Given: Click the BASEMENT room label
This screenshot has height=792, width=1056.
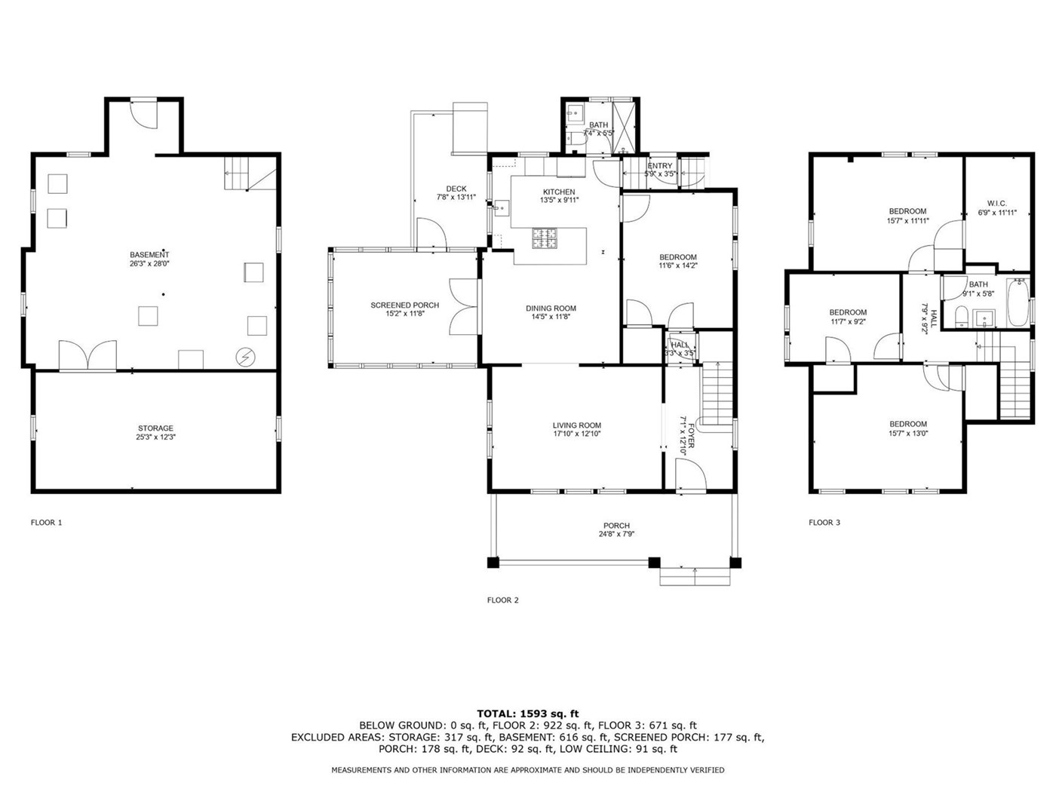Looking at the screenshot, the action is pos(149,254).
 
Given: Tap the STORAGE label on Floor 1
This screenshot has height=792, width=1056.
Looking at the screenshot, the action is pos(155,428).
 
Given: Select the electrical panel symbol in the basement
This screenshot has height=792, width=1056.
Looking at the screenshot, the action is pos(245,357).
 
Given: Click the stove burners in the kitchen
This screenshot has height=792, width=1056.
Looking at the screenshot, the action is pos(544,238).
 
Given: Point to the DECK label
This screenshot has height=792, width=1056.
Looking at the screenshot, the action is pos(456,189).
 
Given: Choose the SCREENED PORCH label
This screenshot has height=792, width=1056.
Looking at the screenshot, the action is pos(404,305).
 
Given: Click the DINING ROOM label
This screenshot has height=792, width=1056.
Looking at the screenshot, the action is pos(551,309).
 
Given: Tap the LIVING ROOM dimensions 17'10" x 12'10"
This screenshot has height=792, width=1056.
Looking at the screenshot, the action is pos(577,433).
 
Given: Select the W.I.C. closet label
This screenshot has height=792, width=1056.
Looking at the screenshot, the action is pos(997,204).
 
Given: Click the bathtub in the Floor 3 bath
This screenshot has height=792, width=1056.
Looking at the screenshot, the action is pos(1018,302).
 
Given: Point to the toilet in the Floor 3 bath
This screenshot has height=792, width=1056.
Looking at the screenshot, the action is pos(961,316).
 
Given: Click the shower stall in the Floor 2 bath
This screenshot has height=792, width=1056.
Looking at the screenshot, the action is pos(625,127).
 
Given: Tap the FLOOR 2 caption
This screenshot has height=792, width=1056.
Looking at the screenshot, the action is pos(503,600).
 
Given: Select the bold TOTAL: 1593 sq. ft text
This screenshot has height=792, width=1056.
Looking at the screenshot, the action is pos(528,714).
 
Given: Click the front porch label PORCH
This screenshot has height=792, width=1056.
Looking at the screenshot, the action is pos(616,526).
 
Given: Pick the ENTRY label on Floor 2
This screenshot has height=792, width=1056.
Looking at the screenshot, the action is pos(659,166).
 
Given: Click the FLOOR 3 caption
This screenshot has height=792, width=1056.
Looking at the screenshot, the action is pos(824,522).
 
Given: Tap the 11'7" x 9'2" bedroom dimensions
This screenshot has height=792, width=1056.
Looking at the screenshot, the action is pos(848,322).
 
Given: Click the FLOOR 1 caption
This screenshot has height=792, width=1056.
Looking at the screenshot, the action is pos(47,522).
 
